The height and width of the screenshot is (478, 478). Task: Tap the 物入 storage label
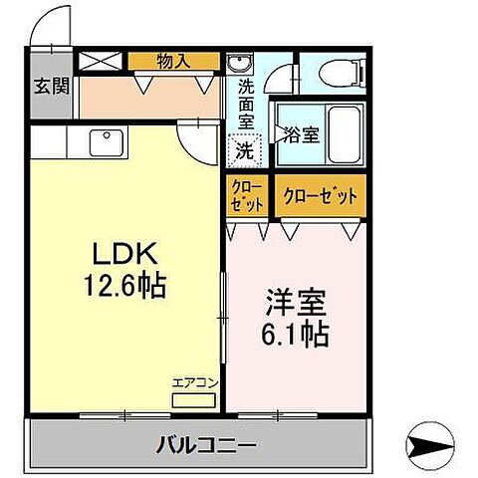coord(173,61)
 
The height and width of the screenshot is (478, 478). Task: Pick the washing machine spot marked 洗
coord(243,152)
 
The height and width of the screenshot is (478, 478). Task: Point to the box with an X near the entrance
coord(101,60)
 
